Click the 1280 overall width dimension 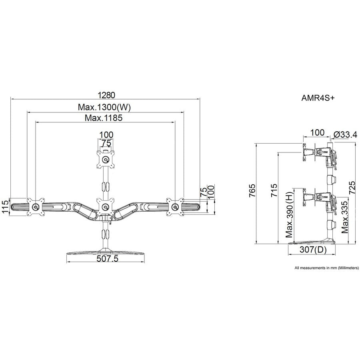click(x=106, y=95)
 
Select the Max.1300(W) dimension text click(x=105, y=107)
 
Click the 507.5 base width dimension click(x=108, y=259)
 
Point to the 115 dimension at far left click(x=5, y=207)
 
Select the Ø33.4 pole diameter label click(x=345, y=135)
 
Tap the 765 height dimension click(x=251, y=194)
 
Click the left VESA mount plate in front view click(x=35, y=207)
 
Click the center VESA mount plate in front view click(x=105, y=206)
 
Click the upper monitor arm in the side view click(x=320, y=152)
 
